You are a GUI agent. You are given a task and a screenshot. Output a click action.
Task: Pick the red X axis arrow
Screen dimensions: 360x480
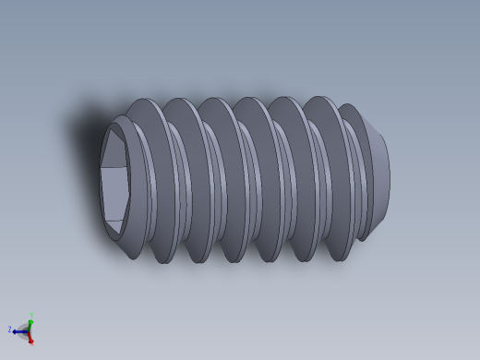tap(30, 337)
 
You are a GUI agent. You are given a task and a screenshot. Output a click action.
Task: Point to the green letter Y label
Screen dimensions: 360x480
tap(31, 314)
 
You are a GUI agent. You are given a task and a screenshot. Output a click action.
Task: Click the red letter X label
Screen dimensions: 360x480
tap(31, 342)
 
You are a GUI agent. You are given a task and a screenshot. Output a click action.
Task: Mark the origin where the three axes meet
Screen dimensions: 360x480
tap(28, 330)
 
